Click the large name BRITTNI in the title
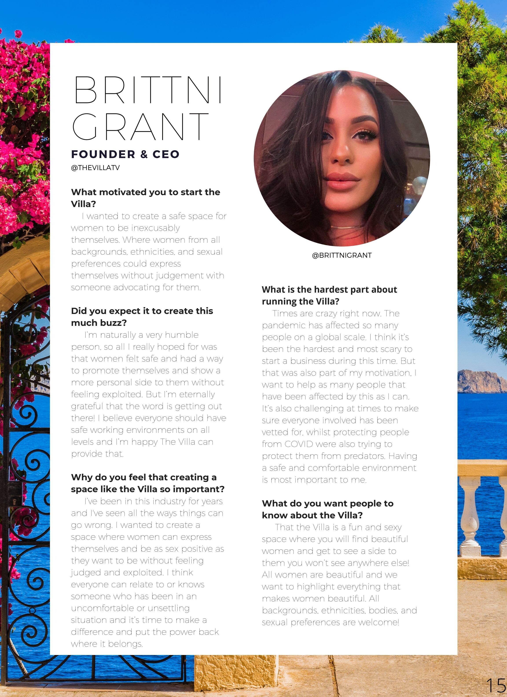point(148,90)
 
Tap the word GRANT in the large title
point(140,127)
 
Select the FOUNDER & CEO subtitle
point(125,154)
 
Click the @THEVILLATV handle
point(95,168)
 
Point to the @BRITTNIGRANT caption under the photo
point(342,255)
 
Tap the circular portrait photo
point(342,158)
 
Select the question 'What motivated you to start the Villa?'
point(145,198)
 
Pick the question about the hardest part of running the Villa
point(329,295)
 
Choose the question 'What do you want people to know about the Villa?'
point(327,509)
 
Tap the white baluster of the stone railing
point(470,516)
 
